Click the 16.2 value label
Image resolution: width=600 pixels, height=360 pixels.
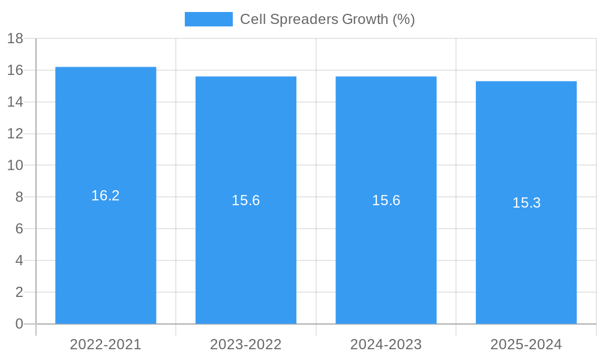[106, 196]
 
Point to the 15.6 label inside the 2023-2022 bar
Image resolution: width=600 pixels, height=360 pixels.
[246, 200]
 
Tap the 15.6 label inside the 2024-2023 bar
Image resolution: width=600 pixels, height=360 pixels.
[386, 200]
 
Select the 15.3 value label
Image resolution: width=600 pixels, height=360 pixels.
[526, 203]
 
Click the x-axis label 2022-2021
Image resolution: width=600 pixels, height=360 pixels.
[106, 344]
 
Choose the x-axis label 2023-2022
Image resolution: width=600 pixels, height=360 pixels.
[246, 344]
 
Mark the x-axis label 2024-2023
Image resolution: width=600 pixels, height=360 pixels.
[386, 344]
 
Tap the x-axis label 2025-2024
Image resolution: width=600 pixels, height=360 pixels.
[526, 344]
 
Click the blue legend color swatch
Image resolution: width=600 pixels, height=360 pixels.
[208, 19]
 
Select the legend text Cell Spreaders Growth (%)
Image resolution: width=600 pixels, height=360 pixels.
[328, 19]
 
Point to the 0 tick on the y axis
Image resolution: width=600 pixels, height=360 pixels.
[19, 324]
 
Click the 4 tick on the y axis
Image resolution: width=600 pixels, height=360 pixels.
[19, 260]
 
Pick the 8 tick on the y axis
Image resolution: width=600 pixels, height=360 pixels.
[19, 197]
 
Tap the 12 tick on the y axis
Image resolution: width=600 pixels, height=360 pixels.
[15, 134]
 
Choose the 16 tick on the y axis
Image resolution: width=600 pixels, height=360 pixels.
[15, 70]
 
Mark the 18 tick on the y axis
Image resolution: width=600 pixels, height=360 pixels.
[15, 38]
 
